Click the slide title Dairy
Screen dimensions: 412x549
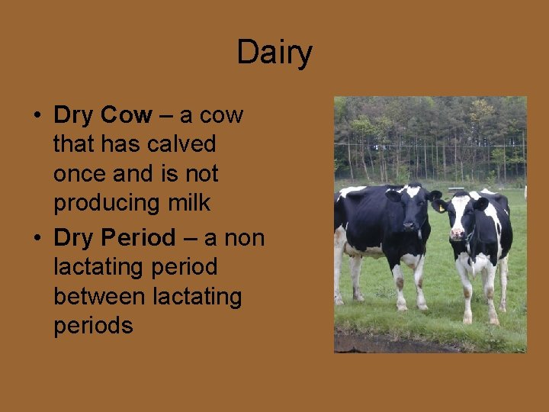click(274, 53)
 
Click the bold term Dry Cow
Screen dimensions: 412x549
click(103, 115)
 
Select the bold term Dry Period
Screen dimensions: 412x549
click(114, 238)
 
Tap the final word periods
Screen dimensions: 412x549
click(93, 326)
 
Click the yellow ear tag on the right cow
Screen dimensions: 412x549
click(441, 208)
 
